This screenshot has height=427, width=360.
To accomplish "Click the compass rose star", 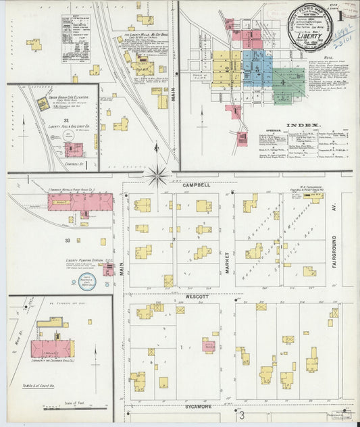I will click(157, 177).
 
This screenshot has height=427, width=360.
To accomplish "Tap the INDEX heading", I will click(298, 126).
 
